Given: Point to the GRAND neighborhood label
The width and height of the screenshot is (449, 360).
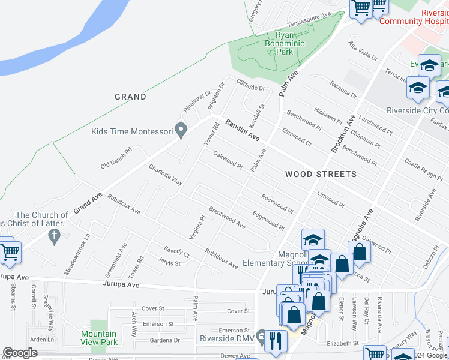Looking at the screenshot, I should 130,97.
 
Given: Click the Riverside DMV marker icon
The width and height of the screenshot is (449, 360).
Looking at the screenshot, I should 261,335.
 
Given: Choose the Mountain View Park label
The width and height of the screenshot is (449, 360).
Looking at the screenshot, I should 99,338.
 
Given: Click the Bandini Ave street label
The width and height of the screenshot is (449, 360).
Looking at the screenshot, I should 243,130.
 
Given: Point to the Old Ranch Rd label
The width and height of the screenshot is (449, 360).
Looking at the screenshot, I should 116,158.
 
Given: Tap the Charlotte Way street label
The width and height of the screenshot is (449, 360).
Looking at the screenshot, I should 166,174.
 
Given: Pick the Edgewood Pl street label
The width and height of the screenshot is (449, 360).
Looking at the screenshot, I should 268,219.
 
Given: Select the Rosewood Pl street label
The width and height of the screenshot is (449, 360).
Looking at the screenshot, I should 277,203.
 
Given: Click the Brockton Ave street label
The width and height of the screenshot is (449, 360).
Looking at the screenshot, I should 343,133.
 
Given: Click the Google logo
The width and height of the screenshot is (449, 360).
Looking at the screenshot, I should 20,353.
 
